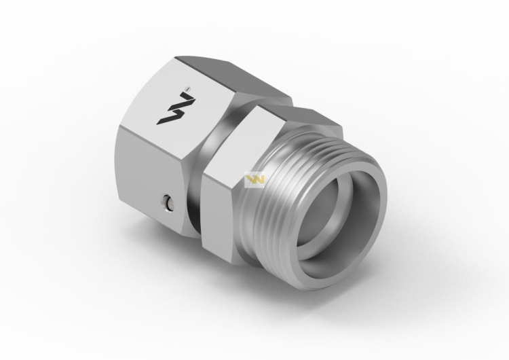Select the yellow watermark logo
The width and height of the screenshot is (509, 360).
[252, 180]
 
